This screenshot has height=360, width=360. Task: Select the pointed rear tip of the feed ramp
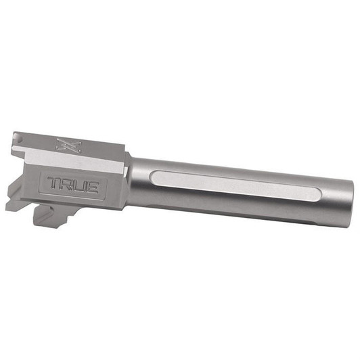(9, 206)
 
